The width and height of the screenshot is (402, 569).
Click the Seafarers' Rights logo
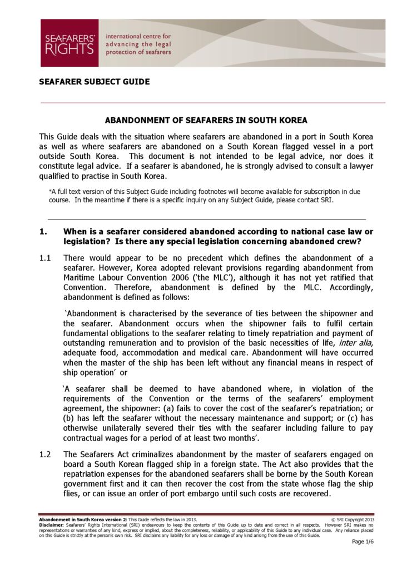pos(69,43)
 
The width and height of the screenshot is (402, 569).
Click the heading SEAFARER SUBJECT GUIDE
pos(94,82)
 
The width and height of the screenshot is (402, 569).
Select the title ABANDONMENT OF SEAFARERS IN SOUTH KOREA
pos(206,121)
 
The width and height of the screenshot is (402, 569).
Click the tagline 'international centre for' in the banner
pos(138,36)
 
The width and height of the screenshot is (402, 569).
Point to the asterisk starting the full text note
pos(51,192)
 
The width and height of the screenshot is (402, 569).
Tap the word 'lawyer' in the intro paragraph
pos(356,167)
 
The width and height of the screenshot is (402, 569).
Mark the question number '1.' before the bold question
pos(43,232)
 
